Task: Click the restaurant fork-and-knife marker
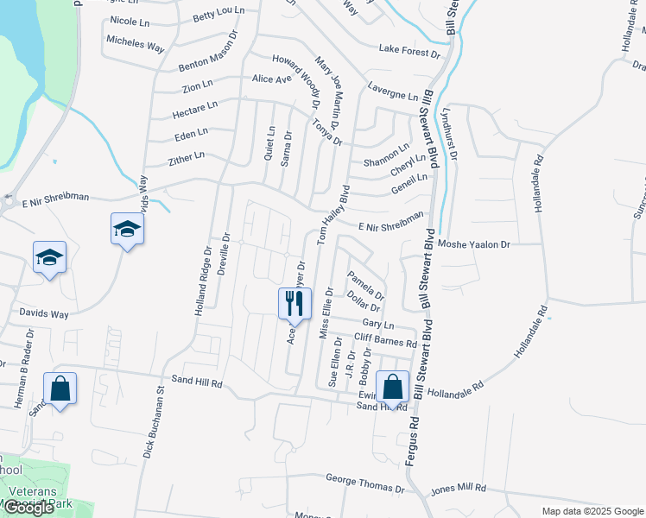[294, 303]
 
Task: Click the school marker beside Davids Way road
[127, 230]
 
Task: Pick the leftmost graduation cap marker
[49, 257]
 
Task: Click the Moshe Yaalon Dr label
[474, 244]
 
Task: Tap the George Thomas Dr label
[365, 482]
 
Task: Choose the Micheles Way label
[136, 43]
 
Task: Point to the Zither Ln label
[187, 157]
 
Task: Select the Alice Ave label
[272, 79]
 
